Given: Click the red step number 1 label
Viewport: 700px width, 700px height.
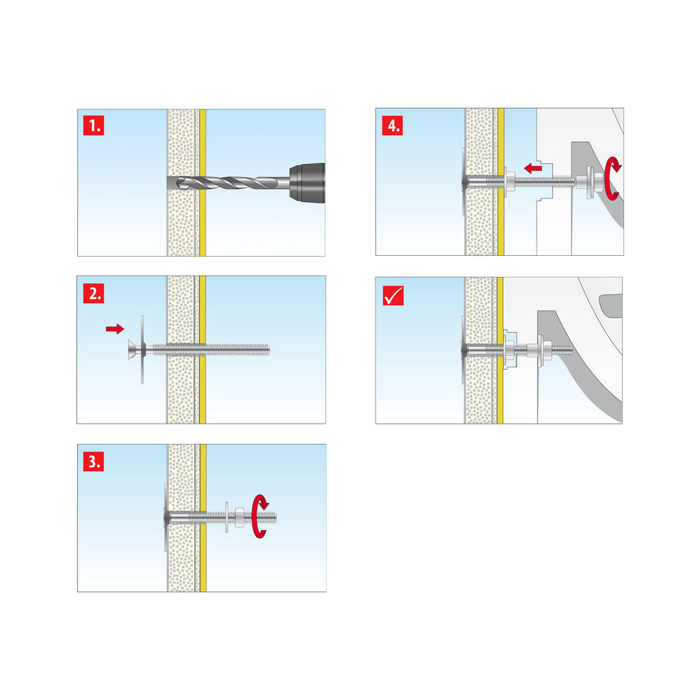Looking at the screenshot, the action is coord(93,125).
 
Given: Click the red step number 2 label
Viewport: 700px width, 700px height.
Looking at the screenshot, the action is coord(93,293).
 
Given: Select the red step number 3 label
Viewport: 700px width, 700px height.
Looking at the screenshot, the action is coord(93,461).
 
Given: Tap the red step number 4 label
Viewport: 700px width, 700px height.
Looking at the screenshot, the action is coord(392,125).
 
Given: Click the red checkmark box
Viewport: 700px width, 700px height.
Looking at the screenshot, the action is coord(393,295).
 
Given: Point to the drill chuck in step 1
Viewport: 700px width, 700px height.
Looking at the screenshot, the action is coord(307,182).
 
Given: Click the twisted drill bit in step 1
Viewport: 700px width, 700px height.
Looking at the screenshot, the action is coord(232,182).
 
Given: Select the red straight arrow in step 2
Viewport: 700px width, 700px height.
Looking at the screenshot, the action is coord(114,329).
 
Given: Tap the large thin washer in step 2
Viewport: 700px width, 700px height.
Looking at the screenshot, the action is coord(142,349).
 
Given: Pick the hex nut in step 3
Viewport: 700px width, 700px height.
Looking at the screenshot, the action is coord(239,518).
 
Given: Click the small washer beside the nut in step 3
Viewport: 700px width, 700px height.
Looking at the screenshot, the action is coord(227,517).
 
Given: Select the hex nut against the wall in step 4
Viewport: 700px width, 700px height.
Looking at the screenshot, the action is coord(510,182).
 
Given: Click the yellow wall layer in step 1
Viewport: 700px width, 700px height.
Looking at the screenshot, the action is coord(203,182).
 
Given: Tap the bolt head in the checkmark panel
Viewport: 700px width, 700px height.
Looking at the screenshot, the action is coord(464,349).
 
